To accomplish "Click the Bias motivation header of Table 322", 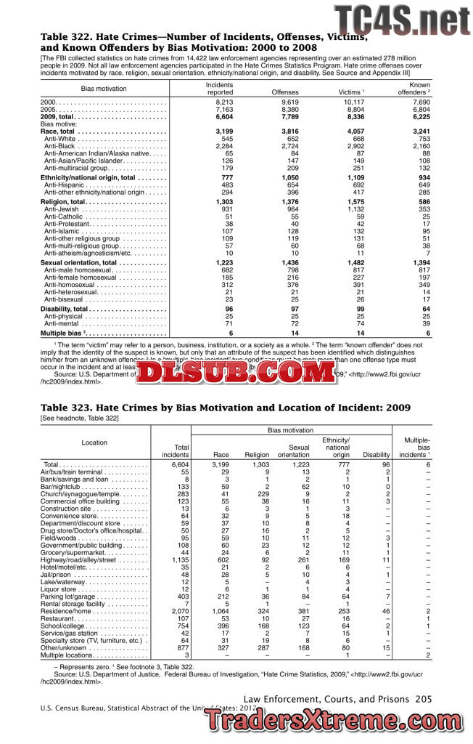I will tap(104, 88).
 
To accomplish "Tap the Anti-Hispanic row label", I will tap(71, 185).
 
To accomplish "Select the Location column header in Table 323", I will tap(94, 442).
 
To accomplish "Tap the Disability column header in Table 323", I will tap(376, 456).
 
